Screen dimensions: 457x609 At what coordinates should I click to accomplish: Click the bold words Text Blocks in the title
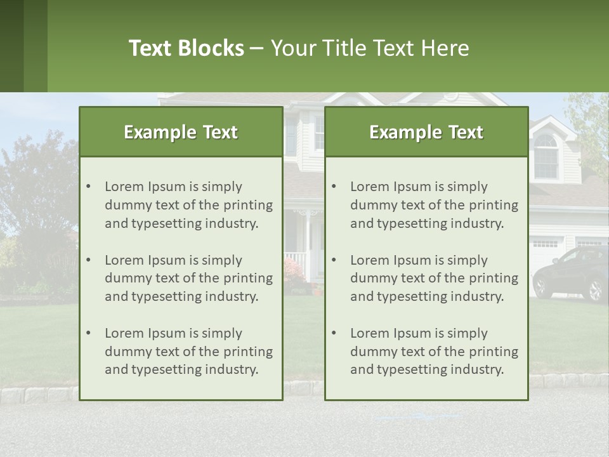pyautogui.click(x=186, y=48)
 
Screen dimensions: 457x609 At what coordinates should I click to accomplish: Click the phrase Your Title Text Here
pyautogui.click(x=370, y=48)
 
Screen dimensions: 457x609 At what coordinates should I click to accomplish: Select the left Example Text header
pyautogui.click(x=181, y=132)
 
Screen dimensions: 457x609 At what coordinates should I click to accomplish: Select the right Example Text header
pyautogui.click(x=426, y=132)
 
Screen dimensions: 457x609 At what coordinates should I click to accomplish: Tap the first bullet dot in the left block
pyautogui.click(x=88, y=187)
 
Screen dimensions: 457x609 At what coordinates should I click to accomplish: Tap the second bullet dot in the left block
pyautogui.click(x=88, y=260)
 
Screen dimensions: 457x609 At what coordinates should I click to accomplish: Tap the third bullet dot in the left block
pyautogui.click(x=88, y=333)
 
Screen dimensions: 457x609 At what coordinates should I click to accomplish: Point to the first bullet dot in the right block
pyautogui.click(x=334, y=187)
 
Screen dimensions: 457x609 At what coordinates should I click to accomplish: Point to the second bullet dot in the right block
pyautogui.click(x=334, y=260)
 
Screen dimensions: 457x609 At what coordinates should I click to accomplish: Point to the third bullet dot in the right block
pyautogui.click(x=334, y=333)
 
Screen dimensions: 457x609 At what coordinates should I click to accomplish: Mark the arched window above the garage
pyautogui.click(x=546, y=156)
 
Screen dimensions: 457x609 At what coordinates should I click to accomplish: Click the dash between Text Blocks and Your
pyautogui.click(x=257, y=49)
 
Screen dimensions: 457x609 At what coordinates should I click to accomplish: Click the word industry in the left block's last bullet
pyautogui.click(x=233, y=370)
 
